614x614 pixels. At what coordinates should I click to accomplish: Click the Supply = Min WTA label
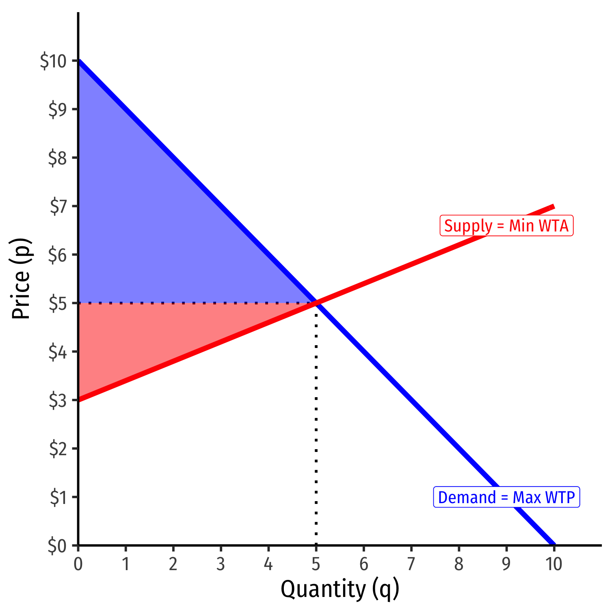click(506, 226)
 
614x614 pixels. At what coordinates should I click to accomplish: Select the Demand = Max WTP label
click(506, 497)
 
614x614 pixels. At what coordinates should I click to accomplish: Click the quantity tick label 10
click(553, 564)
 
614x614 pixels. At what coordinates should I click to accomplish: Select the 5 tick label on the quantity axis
click(316, 564)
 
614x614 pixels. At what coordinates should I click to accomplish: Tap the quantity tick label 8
click(458, 564)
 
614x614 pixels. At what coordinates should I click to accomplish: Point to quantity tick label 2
click(173, 564)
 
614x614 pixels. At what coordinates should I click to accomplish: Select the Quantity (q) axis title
click(340, 590)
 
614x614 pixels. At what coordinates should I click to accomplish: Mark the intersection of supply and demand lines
click(316, 303)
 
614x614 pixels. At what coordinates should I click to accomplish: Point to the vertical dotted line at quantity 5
click(316, 426)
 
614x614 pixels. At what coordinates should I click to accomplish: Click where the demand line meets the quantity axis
click(553, 545)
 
